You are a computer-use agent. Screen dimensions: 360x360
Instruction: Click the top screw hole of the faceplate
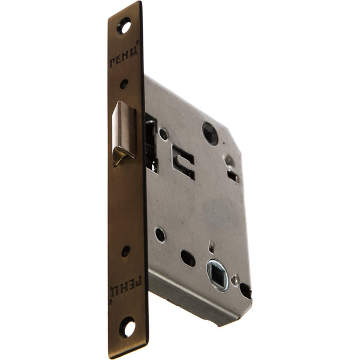click(124, 25)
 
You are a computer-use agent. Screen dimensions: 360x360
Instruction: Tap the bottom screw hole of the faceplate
click(127, 327)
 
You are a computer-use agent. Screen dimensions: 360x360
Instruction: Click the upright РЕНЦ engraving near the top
click(124, 55)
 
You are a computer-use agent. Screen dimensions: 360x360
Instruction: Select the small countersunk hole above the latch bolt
click(124, 84)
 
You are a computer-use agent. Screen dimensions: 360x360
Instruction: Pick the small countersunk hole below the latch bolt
click(125, 251)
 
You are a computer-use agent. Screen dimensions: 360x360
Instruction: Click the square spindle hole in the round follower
click(218, 274)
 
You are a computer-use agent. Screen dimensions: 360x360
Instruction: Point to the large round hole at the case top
click(210, 133)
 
